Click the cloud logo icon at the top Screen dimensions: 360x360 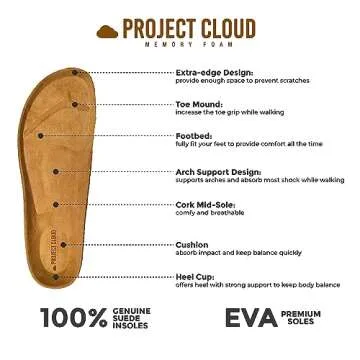[107, 31]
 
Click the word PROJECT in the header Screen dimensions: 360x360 [159, 28]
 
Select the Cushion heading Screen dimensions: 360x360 [192, 243]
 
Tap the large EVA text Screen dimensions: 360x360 [249, 321]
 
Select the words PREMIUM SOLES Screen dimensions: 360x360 [300, 320]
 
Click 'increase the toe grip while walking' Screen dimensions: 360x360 [236, 111]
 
